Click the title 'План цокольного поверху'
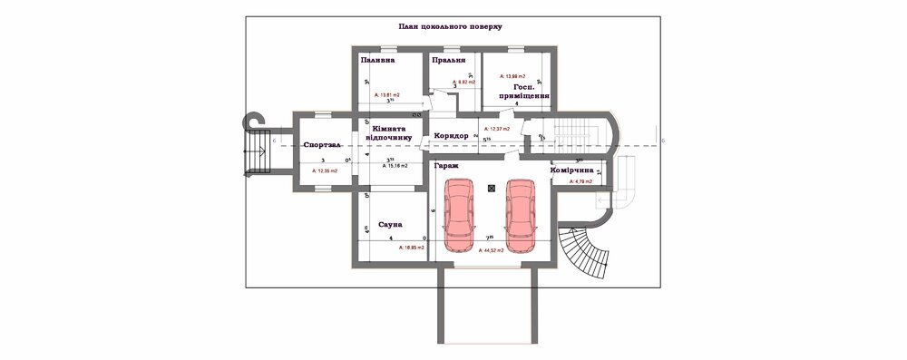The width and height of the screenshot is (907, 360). coord(450,27)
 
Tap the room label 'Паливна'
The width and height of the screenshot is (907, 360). coord(377,61)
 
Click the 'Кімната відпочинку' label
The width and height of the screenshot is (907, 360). coord(392,134)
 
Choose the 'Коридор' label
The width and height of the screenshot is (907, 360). coord(451,136)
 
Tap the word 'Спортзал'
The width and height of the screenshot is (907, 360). coord(323,145)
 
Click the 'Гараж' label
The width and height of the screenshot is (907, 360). coord(445,166)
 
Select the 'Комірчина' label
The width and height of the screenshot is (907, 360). coord(572,170)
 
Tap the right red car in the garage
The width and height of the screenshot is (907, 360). coord(522,216)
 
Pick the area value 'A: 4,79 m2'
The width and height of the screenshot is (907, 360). coord(580,182)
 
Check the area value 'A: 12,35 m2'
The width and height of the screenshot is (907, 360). coord(325,170)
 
